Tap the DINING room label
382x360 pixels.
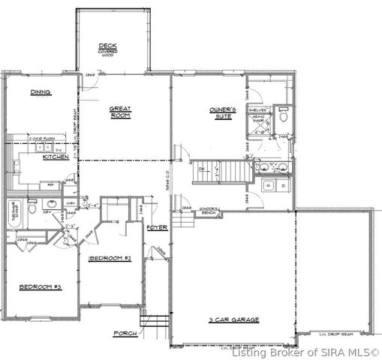click(x=40, y=93)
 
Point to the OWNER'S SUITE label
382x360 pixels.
click(x=223, y=113)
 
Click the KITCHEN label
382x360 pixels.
click(x=55, y=157)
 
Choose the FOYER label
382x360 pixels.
click(x=156, y=226)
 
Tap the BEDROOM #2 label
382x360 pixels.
click(x=110, y=259)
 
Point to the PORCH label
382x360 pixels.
click(x=124, y=332)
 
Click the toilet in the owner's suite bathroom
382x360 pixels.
click(x=284, y=117)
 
